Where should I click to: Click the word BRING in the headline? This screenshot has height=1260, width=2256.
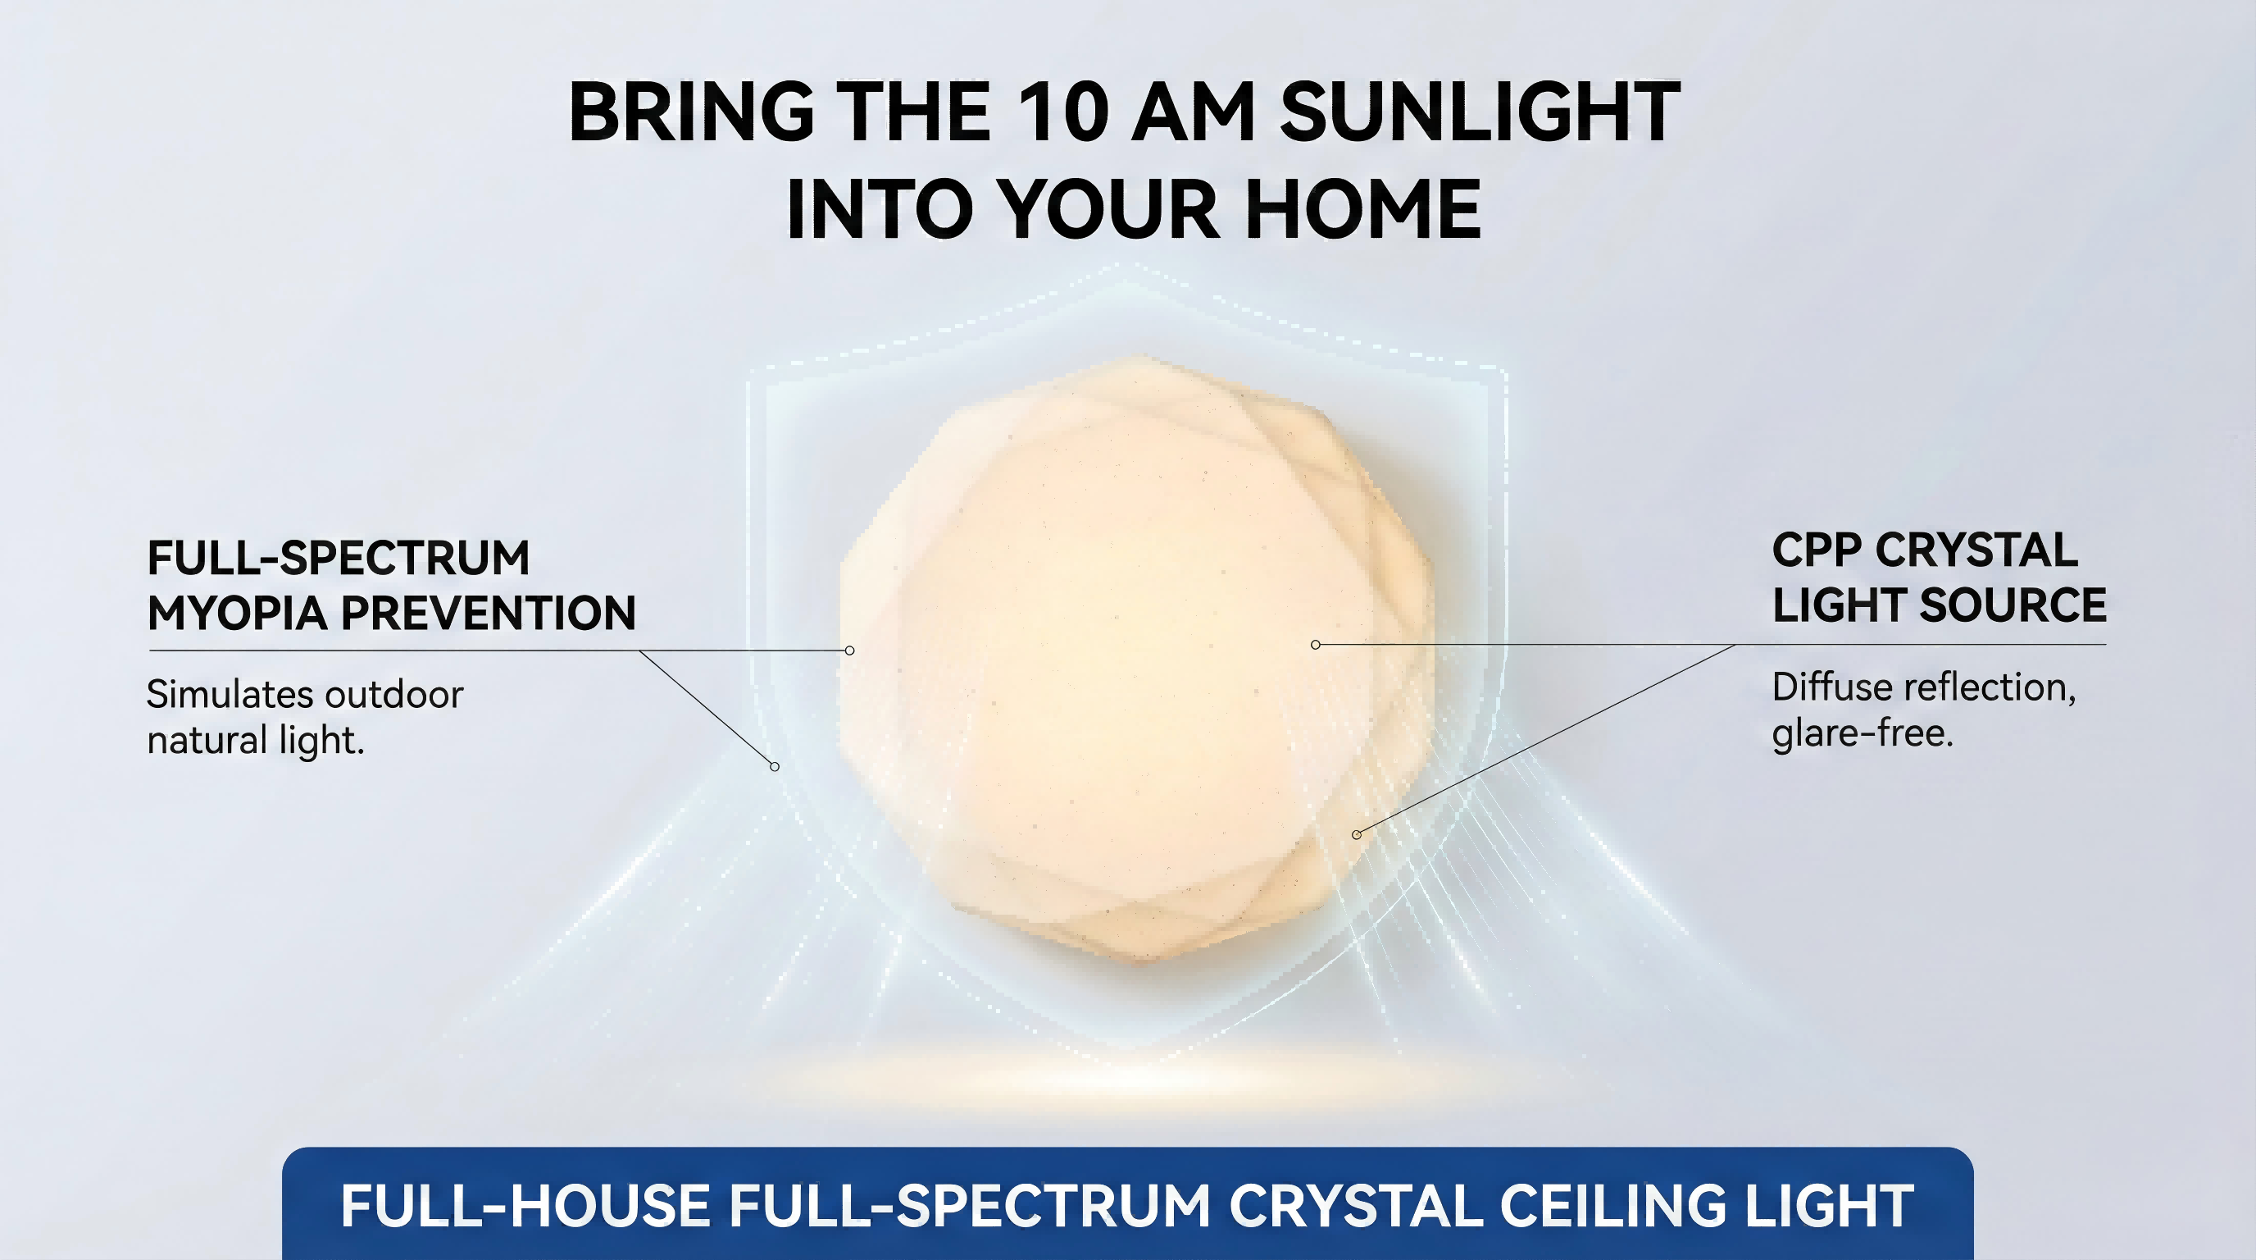(x=692, y=112)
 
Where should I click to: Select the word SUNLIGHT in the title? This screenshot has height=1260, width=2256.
(x=1480, y=112)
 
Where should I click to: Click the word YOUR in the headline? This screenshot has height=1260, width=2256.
(x=1108, y=209)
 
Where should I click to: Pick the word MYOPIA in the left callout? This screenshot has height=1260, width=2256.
(x=234, y=613)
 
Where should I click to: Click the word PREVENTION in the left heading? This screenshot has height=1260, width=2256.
(x=488, y=613)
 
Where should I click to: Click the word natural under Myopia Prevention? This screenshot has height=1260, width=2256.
(x=207, y=741)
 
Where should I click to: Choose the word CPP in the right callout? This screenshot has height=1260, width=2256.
(x=1812, y=551)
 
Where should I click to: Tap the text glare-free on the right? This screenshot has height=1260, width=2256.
(x=1863, y=733)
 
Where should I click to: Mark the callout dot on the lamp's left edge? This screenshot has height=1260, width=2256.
(x=849, y=651)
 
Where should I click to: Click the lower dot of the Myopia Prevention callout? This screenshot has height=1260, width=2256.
(x=774, y=767)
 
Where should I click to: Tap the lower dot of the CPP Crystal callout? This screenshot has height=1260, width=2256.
(x=1357, y=834)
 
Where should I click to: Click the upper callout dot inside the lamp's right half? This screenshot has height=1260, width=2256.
(x=1316, y=645)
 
